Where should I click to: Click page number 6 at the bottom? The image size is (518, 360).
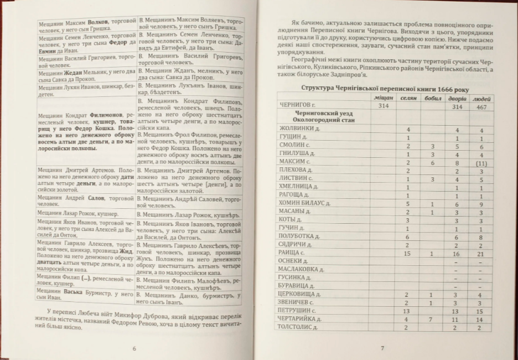[134, 348]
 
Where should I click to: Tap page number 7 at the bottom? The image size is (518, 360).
[382, 347]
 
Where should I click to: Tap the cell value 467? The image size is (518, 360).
[481, 106]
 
